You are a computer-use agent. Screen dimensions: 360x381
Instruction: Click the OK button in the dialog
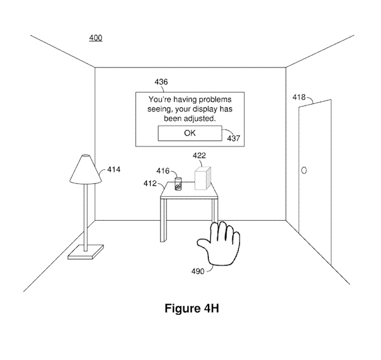pos(190,133)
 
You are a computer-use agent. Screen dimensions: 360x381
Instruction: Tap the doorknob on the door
pos(303,171)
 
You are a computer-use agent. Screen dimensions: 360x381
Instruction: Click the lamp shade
pos(86,169)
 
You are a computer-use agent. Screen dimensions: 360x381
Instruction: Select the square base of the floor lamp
pos(86,253)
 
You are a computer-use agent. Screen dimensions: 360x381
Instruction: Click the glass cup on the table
pos(179,184)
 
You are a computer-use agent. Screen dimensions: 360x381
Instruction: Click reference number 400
pos(95,38)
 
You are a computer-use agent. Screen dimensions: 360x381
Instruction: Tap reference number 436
pos(161,82)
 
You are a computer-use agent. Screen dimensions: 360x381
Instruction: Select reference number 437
pos(234,138)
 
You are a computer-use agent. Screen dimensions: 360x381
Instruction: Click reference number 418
pos(299,98)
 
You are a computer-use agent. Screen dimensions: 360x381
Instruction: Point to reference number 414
pos(113,170)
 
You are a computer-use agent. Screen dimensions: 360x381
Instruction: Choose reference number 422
pos(199,155)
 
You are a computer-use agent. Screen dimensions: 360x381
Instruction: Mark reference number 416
pos(163,171)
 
